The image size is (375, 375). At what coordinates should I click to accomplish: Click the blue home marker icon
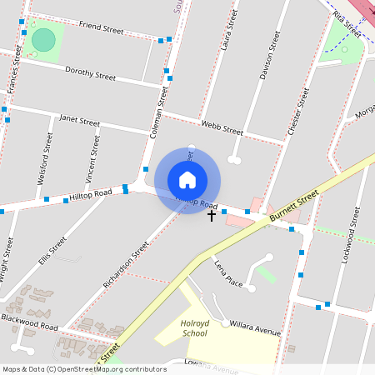coord(187,179)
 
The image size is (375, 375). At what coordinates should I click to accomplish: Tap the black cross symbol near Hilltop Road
coord(212,216)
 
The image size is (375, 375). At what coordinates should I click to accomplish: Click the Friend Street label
coord(101,27)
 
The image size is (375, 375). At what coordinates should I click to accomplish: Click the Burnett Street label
coord(293,206)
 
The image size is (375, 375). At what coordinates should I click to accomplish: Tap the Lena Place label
coord(228,274)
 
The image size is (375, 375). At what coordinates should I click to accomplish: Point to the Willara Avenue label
coord(255,326)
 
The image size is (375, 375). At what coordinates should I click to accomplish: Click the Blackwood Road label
coord(29,321)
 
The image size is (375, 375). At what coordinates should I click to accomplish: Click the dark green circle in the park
coord(43,39)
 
